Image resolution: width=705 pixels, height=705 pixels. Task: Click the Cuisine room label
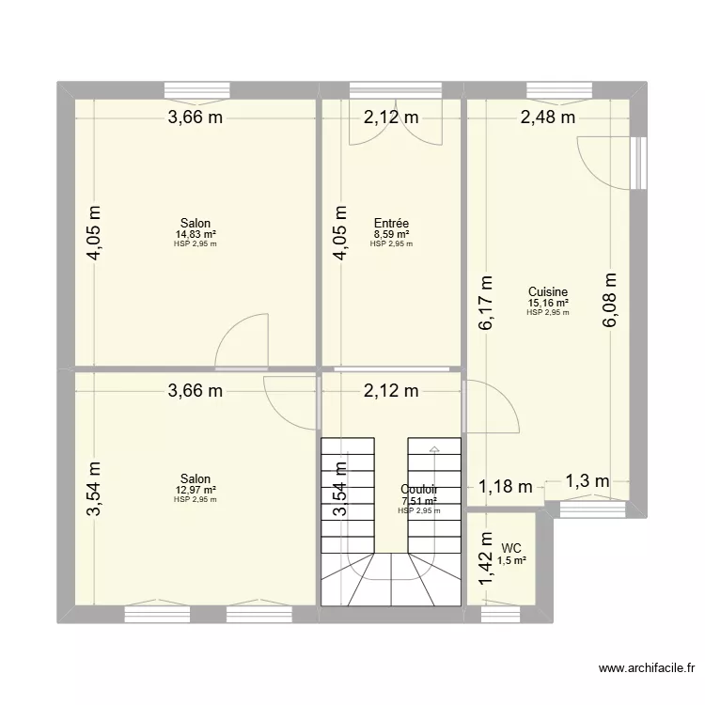click(547, 292)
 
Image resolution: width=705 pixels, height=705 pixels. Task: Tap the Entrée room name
click(390, 224)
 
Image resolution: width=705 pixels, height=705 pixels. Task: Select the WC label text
click(511, 547)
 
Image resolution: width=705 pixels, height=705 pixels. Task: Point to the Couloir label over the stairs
click(417, 490)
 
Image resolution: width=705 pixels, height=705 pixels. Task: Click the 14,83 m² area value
click(196, 234)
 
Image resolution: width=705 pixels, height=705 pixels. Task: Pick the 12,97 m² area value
click(196, 490)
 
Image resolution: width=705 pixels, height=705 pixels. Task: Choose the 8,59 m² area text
click(390, 234)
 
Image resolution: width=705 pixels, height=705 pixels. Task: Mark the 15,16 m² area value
click(547, 303)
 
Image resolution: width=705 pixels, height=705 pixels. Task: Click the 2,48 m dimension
click(548, 117)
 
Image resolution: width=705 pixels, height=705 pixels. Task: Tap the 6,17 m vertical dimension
click(485, 302)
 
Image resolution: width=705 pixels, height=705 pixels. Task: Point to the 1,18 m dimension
click(505, 486)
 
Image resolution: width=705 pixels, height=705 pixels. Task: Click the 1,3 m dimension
click(587, 480)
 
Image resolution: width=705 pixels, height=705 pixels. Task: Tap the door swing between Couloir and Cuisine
click(493, 402)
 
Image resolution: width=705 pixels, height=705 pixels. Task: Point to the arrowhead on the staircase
click(433, 450)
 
